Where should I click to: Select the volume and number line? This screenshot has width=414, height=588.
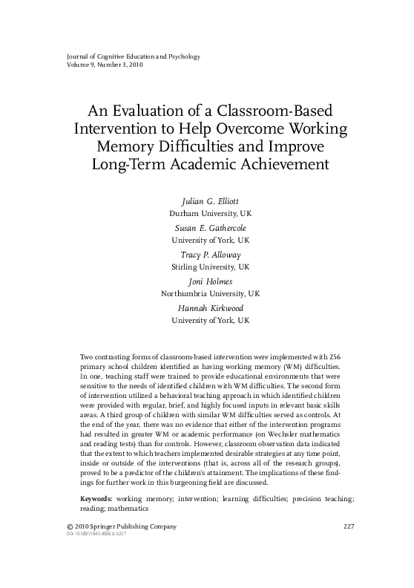click(x=94, y=65)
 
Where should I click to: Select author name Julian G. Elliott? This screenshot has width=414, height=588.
click(x=211, y=201)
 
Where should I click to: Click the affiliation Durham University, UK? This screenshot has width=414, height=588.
click(x=211, y=212)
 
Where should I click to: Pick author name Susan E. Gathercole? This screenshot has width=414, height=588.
click(x=211, y=229)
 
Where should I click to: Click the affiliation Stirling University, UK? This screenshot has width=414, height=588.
click(x=211, y=266)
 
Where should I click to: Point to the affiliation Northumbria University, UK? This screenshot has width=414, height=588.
click(x=211, y=293)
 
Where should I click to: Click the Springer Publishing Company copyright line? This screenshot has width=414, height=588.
click(x=111, y=526)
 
